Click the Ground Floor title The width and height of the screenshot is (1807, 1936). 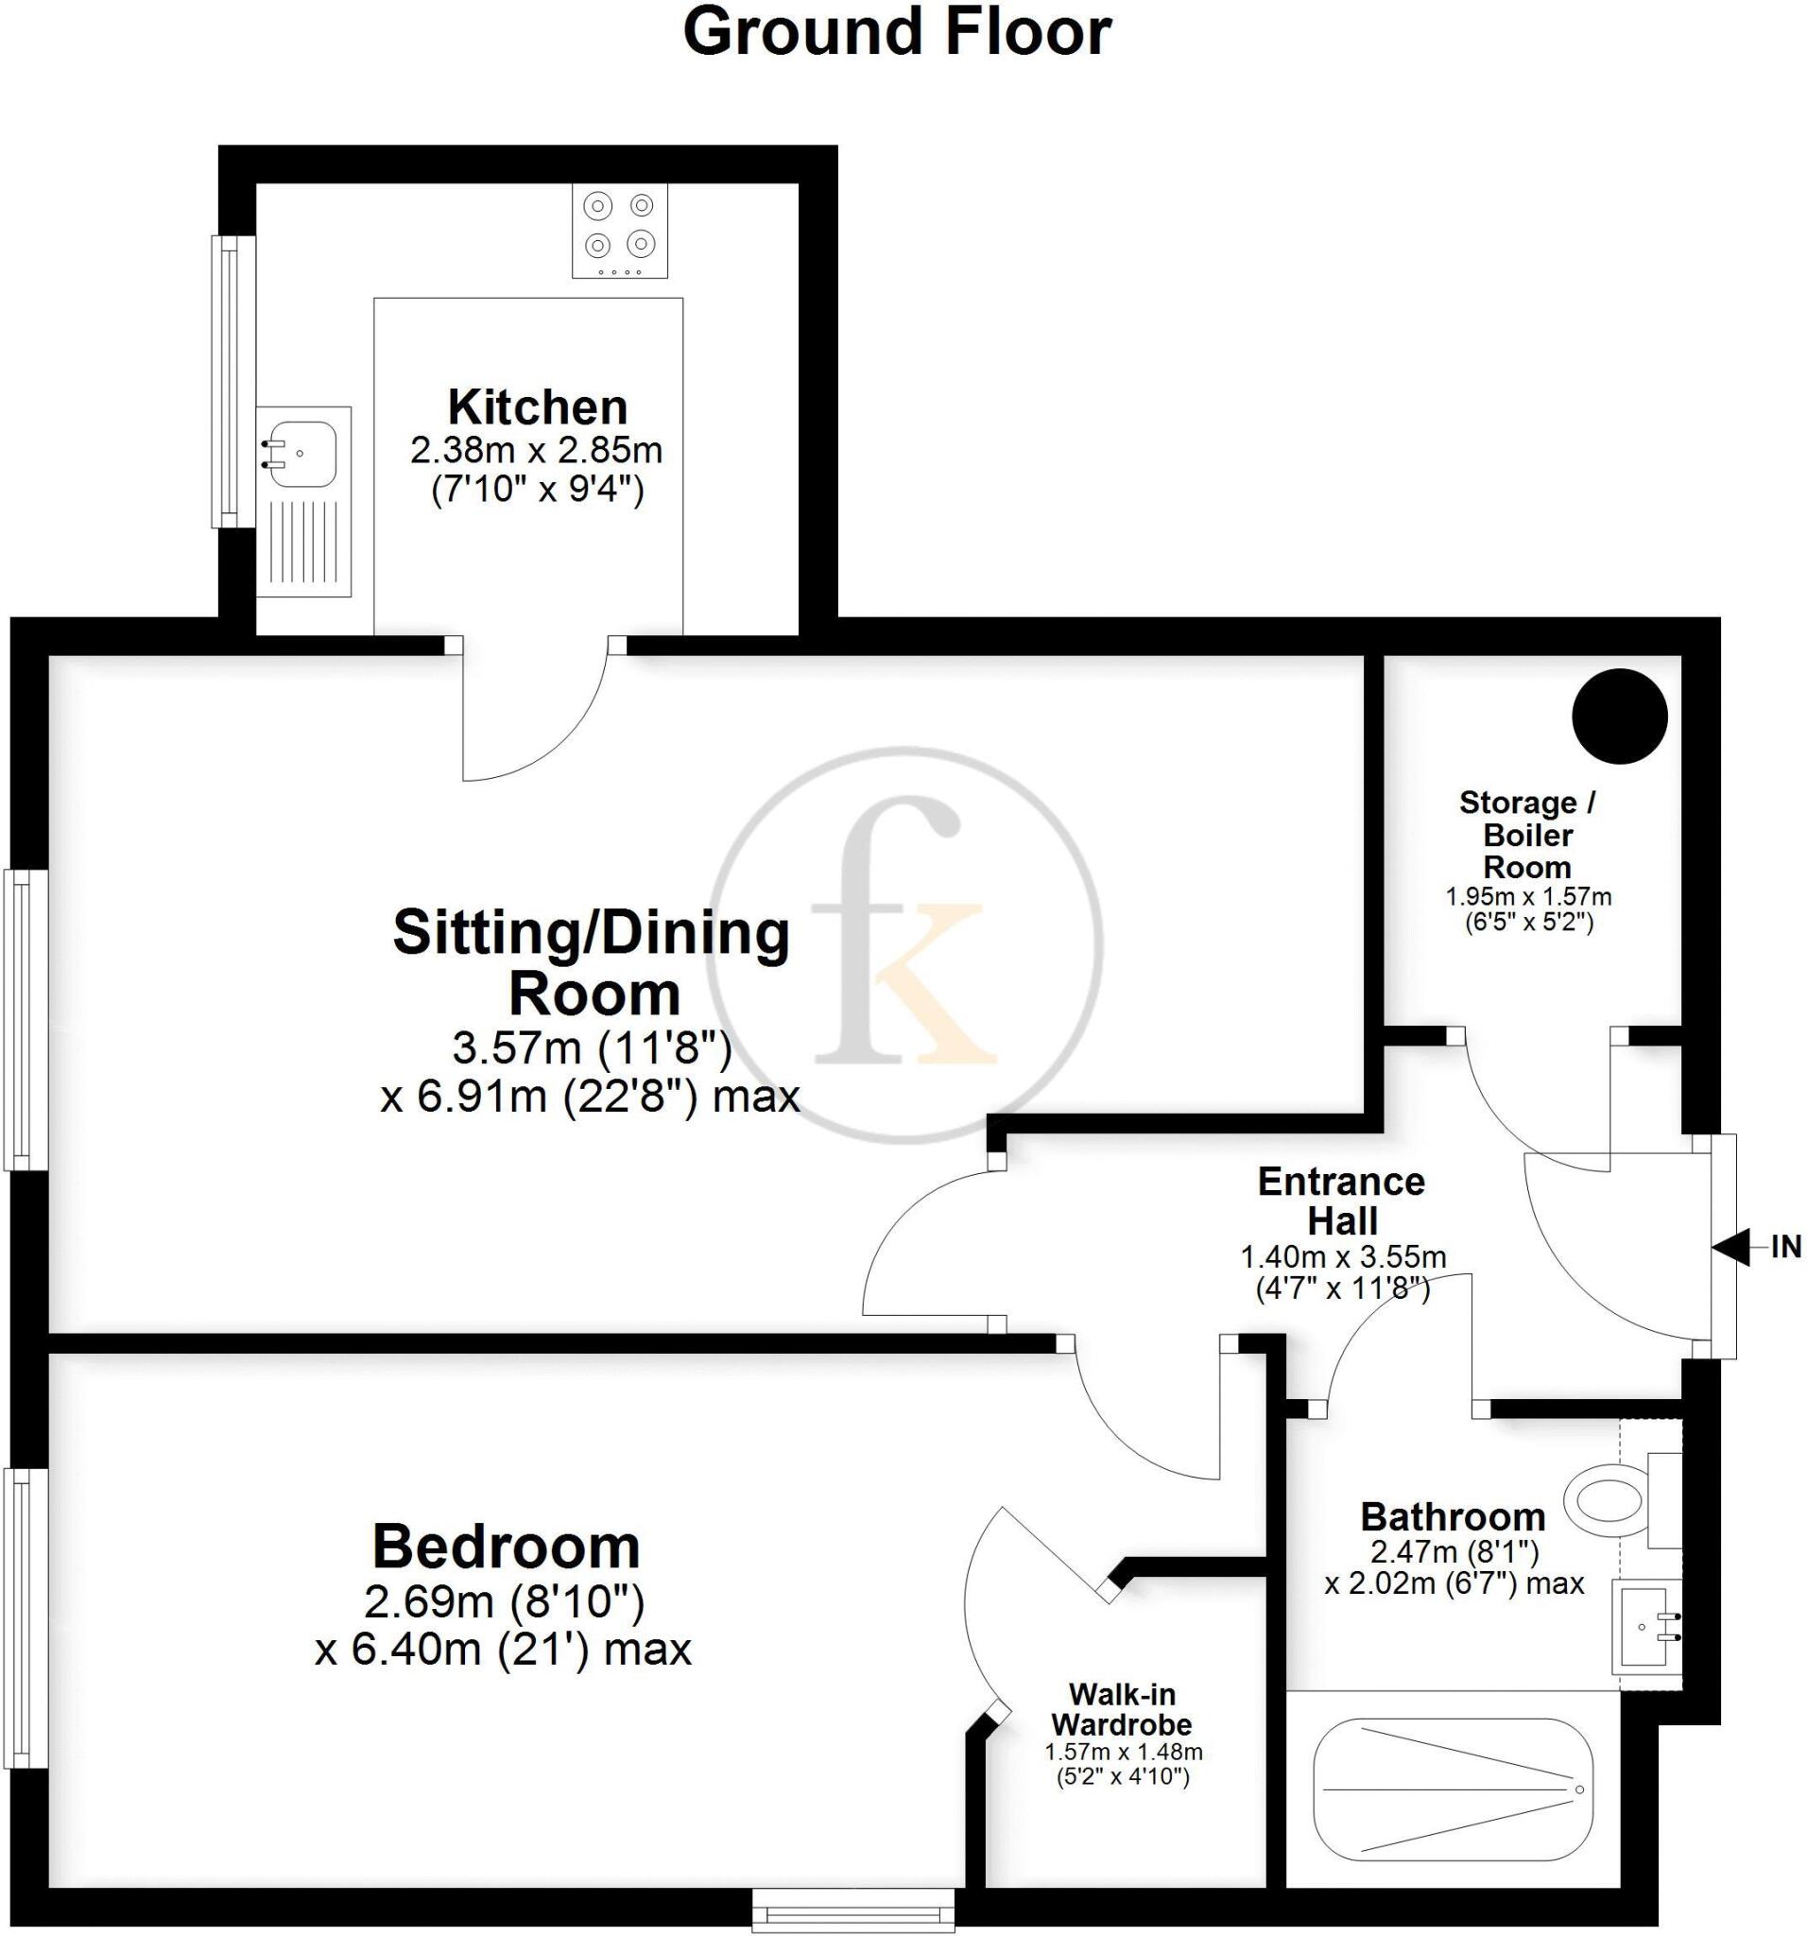click(x=896, y=33)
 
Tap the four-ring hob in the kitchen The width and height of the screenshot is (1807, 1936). click(x=619, y=231)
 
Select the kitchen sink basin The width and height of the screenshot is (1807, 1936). click(x=303, y=454)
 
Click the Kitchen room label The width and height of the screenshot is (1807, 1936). click(x=538, y=407)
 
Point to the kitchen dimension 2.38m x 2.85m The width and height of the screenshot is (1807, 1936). click(x=537, y=451)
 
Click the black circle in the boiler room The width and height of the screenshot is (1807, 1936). click(x=1619, y=716)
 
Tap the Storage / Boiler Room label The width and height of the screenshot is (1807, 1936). click(x=1526, y=835)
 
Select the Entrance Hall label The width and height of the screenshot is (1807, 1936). click(x=1342, y=1200)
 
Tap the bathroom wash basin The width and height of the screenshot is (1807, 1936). click(x=1644, y=1627)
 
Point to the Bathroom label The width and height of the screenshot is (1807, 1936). click(x=1453, y=1516)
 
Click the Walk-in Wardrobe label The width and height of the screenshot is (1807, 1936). click(x=1122, y=1708)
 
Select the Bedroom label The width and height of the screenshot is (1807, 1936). click(x=507, y=1546)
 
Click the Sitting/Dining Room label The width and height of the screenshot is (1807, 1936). click(x=591, y=962)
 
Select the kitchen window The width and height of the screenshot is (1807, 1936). click(x=226, y=382)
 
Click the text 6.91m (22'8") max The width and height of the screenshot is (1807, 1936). click(x=609, y=1098)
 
